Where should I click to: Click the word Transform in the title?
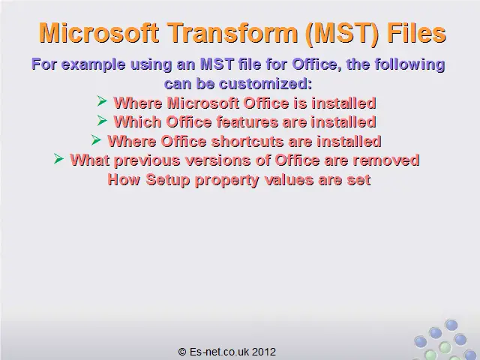pos(232,33)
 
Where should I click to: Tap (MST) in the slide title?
pos(342,34)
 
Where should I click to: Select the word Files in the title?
pos(416,33)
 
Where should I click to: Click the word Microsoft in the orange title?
pos(99,33)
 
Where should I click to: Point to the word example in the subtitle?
pos(93,64)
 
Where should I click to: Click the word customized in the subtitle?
pos(265,83)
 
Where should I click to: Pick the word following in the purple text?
pos(410,64)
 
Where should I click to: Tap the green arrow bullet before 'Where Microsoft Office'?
pos(102,101)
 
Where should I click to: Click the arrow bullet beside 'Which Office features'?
pos(102,120)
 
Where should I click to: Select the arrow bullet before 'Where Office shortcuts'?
pos(96,140)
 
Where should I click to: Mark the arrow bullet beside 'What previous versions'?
pos(58,158)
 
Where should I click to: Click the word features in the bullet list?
pos(248,121)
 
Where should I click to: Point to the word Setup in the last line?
pos(167,179)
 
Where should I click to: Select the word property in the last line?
pos(226,180)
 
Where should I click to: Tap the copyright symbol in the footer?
pos(182,352)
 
